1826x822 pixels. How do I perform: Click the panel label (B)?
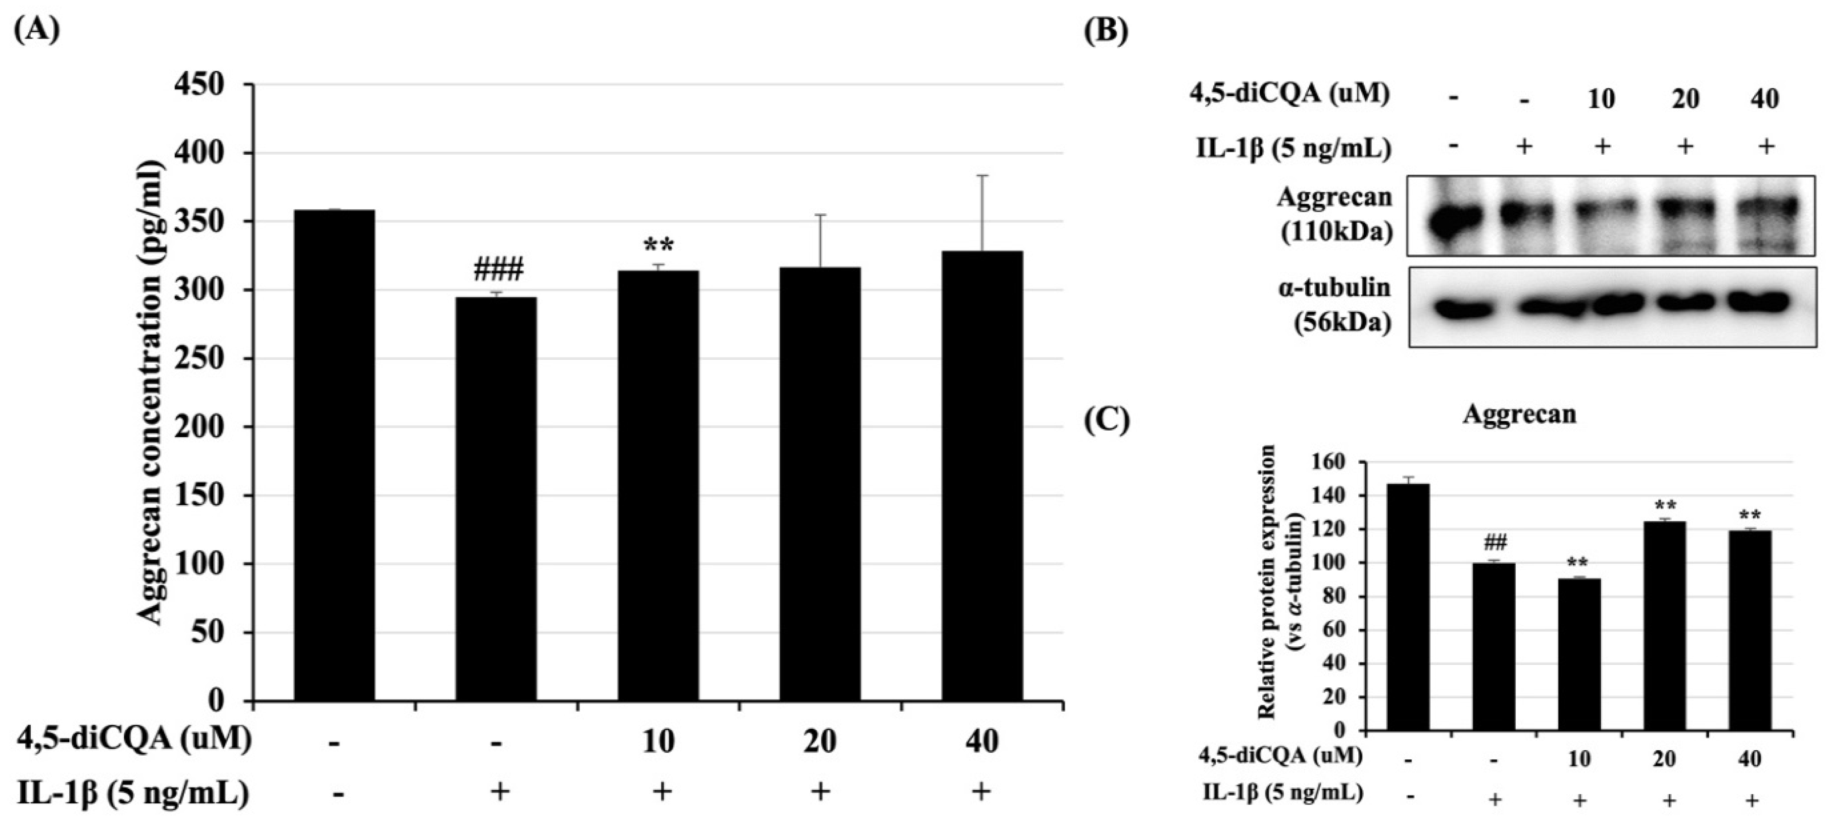tap(1107, 31)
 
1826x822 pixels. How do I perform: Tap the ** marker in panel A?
tap(658, 247)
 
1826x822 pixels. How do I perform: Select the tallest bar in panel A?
tap(334, 453)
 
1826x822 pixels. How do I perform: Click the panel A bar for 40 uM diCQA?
tap(982, 475)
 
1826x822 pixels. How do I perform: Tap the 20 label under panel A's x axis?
tap(820, 742)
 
